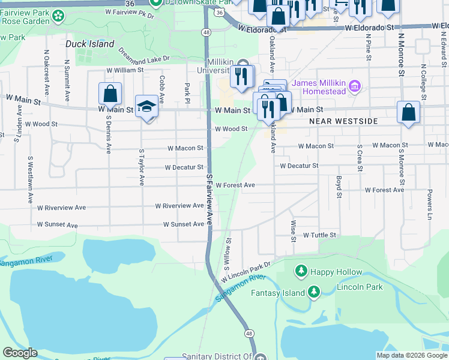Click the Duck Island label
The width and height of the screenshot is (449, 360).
pos(89,44)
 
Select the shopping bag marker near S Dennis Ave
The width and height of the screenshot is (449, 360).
pos(110,94)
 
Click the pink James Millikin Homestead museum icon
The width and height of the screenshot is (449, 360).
pos(355,87)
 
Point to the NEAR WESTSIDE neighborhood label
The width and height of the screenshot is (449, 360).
pos(343,121)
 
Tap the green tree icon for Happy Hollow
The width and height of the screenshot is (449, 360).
pos(301,272)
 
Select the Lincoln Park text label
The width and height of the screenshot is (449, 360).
pos(360,287)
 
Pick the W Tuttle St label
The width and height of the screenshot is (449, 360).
pos(319,235)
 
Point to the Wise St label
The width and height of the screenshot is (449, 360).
pos(294,231)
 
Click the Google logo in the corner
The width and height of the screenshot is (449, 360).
pos(20,353)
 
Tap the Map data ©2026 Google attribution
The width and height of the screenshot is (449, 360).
pos(411,355)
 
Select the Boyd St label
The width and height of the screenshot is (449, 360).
pos(339,187)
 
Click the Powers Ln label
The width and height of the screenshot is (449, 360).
pos(430,205)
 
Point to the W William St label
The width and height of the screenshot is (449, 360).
pos(125,70)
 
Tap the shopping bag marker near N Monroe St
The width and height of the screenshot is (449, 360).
pos(408,113)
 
